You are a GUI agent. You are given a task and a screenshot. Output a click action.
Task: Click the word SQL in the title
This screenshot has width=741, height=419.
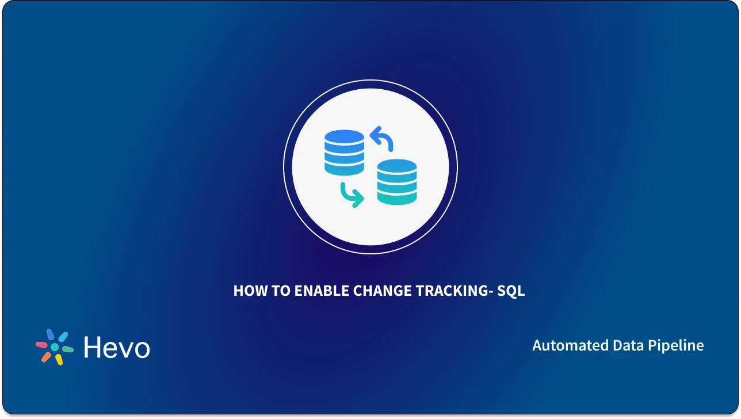pos(511,291)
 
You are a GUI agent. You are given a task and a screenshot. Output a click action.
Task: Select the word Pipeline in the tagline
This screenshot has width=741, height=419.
pos(676,345)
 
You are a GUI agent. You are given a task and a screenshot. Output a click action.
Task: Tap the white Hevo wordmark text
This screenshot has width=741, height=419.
pos(117,347)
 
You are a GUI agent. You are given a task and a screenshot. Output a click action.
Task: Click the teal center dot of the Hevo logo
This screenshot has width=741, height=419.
pos(55,347)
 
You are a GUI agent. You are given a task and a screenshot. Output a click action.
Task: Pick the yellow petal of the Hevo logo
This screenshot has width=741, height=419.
pos(58,359)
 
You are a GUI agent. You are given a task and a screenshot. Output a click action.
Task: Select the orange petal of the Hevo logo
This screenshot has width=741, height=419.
pos(46,356)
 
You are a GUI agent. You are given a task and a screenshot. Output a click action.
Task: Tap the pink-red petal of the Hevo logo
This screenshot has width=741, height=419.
pos(41,345)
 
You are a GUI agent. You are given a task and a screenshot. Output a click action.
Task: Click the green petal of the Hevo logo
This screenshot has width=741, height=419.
pos(67,349)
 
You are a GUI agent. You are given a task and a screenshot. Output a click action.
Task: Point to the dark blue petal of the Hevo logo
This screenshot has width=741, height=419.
pos(51,335)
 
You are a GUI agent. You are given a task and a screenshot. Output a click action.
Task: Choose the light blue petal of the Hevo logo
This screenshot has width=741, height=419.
pos(63,337)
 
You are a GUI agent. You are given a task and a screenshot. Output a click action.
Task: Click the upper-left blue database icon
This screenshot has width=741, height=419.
pos(344,152)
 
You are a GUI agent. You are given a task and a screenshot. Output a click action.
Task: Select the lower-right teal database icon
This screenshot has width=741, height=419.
pos(397,181)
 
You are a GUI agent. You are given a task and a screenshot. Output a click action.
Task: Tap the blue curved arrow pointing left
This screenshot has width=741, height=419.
pos(381,138)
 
